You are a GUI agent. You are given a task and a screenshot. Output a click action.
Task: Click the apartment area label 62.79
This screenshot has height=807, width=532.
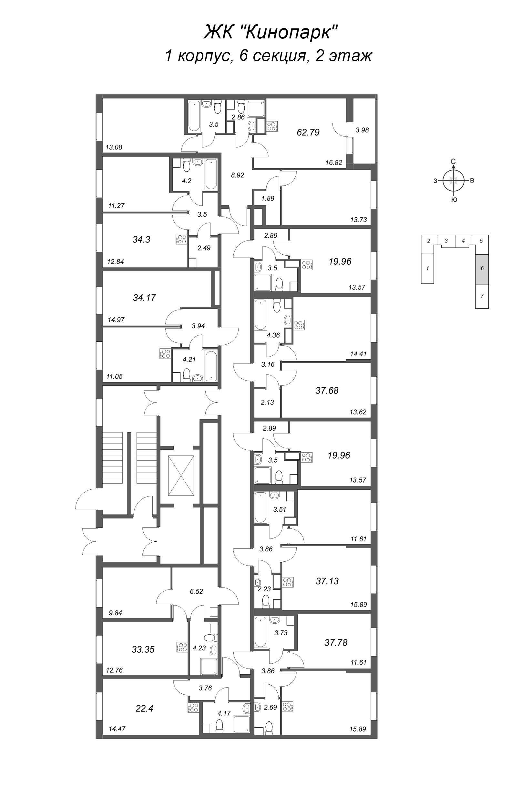(x=308, y=132)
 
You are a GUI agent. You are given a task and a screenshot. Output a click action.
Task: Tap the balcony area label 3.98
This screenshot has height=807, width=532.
(x=362, y=130)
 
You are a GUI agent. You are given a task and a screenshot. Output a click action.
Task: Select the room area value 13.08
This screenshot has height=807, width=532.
(x=114, y=147)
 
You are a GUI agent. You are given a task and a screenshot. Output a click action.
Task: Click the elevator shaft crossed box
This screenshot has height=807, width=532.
(x=181, y=475)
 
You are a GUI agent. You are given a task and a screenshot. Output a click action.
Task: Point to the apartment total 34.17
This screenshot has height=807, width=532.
(x=144, y=298)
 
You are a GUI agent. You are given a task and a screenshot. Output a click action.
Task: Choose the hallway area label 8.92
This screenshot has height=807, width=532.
(x=238, y=175)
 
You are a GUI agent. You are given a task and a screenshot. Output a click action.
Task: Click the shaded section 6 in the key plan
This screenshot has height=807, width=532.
(x=482, y=268)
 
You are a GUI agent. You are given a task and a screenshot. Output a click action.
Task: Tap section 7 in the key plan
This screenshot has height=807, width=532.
(x=482, y=296)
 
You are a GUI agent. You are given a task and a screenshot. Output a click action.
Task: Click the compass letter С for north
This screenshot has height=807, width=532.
(x=453, y=161)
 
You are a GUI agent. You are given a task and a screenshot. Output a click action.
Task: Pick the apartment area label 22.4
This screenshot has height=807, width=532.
(x=145, y=708)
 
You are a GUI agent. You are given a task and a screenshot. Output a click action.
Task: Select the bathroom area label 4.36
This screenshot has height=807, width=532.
(x=273, y=335)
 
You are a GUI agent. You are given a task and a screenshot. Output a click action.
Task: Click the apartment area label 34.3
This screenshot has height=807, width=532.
(x=141, y=240)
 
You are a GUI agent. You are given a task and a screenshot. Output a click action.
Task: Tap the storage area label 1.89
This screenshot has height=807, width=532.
(x=268, y=199)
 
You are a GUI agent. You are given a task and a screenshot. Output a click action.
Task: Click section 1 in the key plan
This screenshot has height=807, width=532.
(x=427, y=268)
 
